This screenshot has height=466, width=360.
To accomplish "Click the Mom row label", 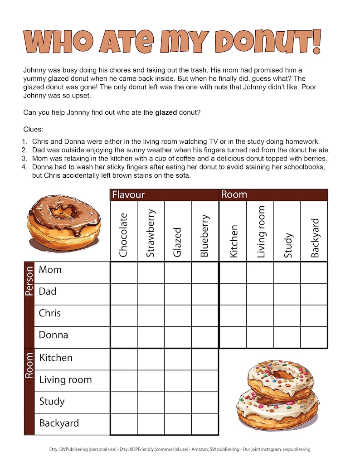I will pos(50,270).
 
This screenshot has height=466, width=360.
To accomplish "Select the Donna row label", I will pos(54,335).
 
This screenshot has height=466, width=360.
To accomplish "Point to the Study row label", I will pos(52,402).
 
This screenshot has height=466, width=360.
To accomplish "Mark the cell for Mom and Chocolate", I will pos(124,272).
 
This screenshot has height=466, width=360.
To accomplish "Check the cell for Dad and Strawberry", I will pos(151,294).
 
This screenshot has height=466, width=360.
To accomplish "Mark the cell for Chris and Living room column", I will pos(260,316).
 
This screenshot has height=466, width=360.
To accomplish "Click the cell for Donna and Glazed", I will pos(178,338).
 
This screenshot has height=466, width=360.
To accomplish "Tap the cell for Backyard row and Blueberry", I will pos(204,424).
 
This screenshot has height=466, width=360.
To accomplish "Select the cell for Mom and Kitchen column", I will pos(233,272).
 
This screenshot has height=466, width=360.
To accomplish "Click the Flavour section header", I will pos(128,195).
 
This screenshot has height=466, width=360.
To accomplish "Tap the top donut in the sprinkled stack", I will pos(280,379).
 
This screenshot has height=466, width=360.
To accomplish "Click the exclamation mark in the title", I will pos(316,41).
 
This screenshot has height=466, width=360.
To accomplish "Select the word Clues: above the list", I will pos(33,129).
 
